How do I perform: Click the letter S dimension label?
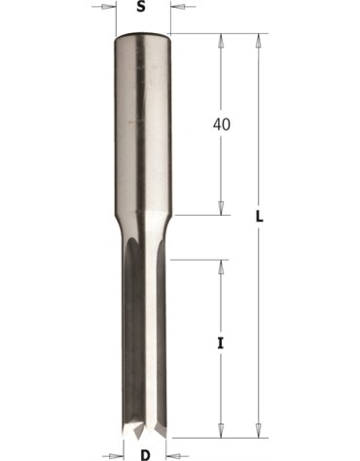(140, 7)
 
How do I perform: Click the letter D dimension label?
(145, 455)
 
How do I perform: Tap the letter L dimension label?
(259, 217)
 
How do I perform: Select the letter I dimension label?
(221, 343)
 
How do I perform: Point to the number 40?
(222, 124)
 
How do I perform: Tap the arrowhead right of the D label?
(173, 455)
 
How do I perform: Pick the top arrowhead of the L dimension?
(259, 41)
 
